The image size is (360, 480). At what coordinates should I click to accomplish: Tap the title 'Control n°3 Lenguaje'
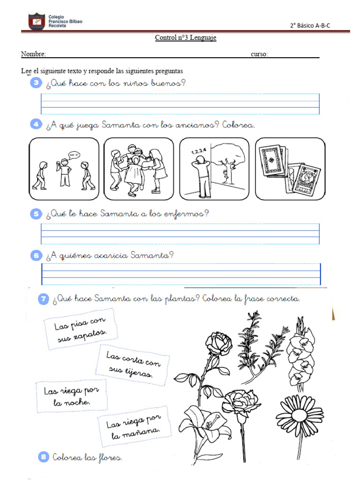pyautogui.click(x=186, y=38)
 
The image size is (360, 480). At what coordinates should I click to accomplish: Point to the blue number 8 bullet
pyautogui.click(x=43, y=457)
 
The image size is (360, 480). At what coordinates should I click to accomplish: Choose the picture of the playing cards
pyautogui.click(x=290, y=169)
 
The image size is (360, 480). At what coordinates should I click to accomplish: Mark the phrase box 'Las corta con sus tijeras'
pyautogui.click(x=133, y=366)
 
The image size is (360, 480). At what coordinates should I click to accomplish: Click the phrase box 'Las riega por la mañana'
pyautogui.click(x=133, y=427)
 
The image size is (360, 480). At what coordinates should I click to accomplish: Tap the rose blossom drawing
pyautogui.click(x=219, y=345)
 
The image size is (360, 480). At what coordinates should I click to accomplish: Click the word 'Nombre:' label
pyautogui.click(x=33, y=54)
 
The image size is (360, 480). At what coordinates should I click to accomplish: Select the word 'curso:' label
pyautogui.click(x=259, y=54)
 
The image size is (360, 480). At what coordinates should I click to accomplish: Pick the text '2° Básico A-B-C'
pyautogui.click(x=310, y=26)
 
